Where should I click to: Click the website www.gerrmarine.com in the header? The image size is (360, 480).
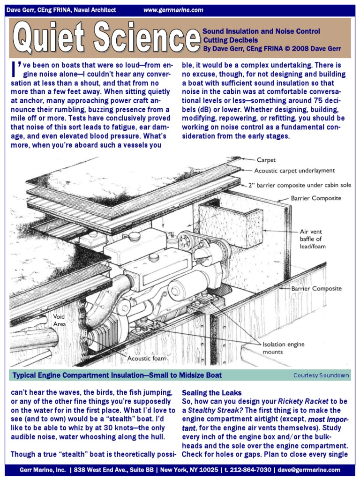(173, 10)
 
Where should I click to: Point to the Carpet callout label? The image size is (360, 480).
(266, 160)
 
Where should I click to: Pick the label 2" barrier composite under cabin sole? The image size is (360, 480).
(303, 185)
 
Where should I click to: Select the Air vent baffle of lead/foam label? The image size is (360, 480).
(313, 239)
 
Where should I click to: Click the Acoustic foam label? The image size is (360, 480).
(147, 359)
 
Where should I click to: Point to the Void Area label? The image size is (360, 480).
(59, 320)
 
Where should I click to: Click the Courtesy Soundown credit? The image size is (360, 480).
(321, 375)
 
